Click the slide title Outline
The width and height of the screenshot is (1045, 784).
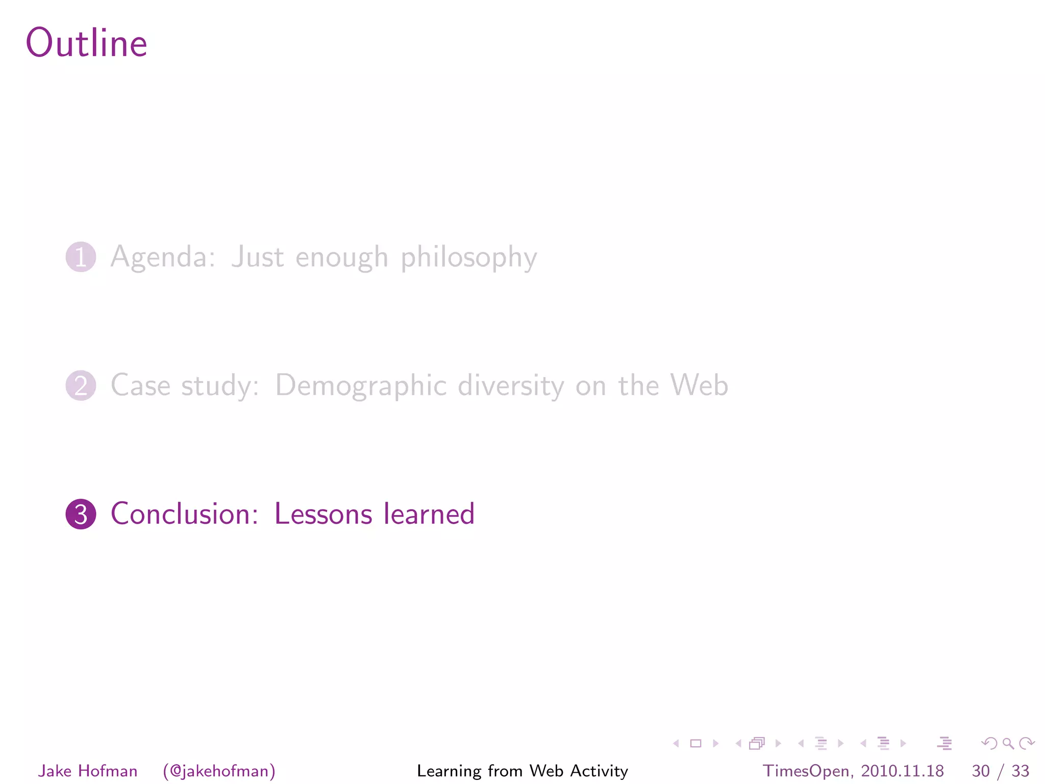point(87,43)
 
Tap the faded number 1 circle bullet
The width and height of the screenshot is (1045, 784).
point(81,257)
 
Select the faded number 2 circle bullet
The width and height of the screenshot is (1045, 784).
point(81,385)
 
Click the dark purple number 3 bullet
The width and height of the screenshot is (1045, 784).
point(81,514)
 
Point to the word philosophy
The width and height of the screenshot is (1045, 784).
point(468,258)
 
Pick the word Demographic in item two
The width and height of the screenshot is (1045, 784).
point(361,386)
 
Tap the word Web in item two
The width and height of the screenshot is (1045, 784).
point(699,385)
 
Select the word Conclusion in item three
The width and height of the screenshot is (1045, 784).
point(184,513)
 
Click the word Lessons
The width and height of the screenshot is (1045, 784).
point(323,514)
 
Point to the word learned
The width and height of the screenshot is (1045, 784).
point(429,513)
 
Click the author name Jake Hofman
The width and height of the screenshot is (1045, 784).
point(88,771)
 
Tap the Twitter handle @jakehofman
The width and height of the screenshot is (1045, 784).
point(219,771)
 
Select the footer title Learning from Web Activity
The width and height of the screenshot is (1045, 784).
point(522,771)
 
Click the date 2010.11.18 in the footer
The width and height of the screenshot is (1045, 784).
point(902,771)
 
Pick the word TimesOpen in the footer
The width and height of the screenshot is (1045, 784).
point(805,771)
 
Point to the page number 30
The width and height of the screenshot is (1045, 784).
point(980,771)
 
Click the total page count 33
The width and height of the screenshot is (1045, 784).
point(1020,771)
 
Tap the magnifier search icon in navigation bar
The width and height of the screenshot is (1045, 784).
point(1008,743)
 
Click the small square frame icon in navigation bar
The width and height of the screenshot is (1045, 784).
point(695,743)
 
